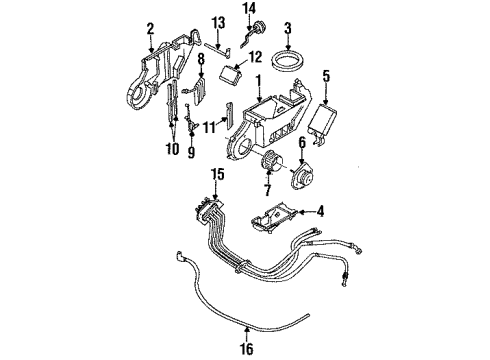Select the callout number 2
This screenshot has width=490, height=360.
pos(151,28)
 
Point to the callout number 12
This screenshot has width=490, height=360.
pos(255,57)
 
